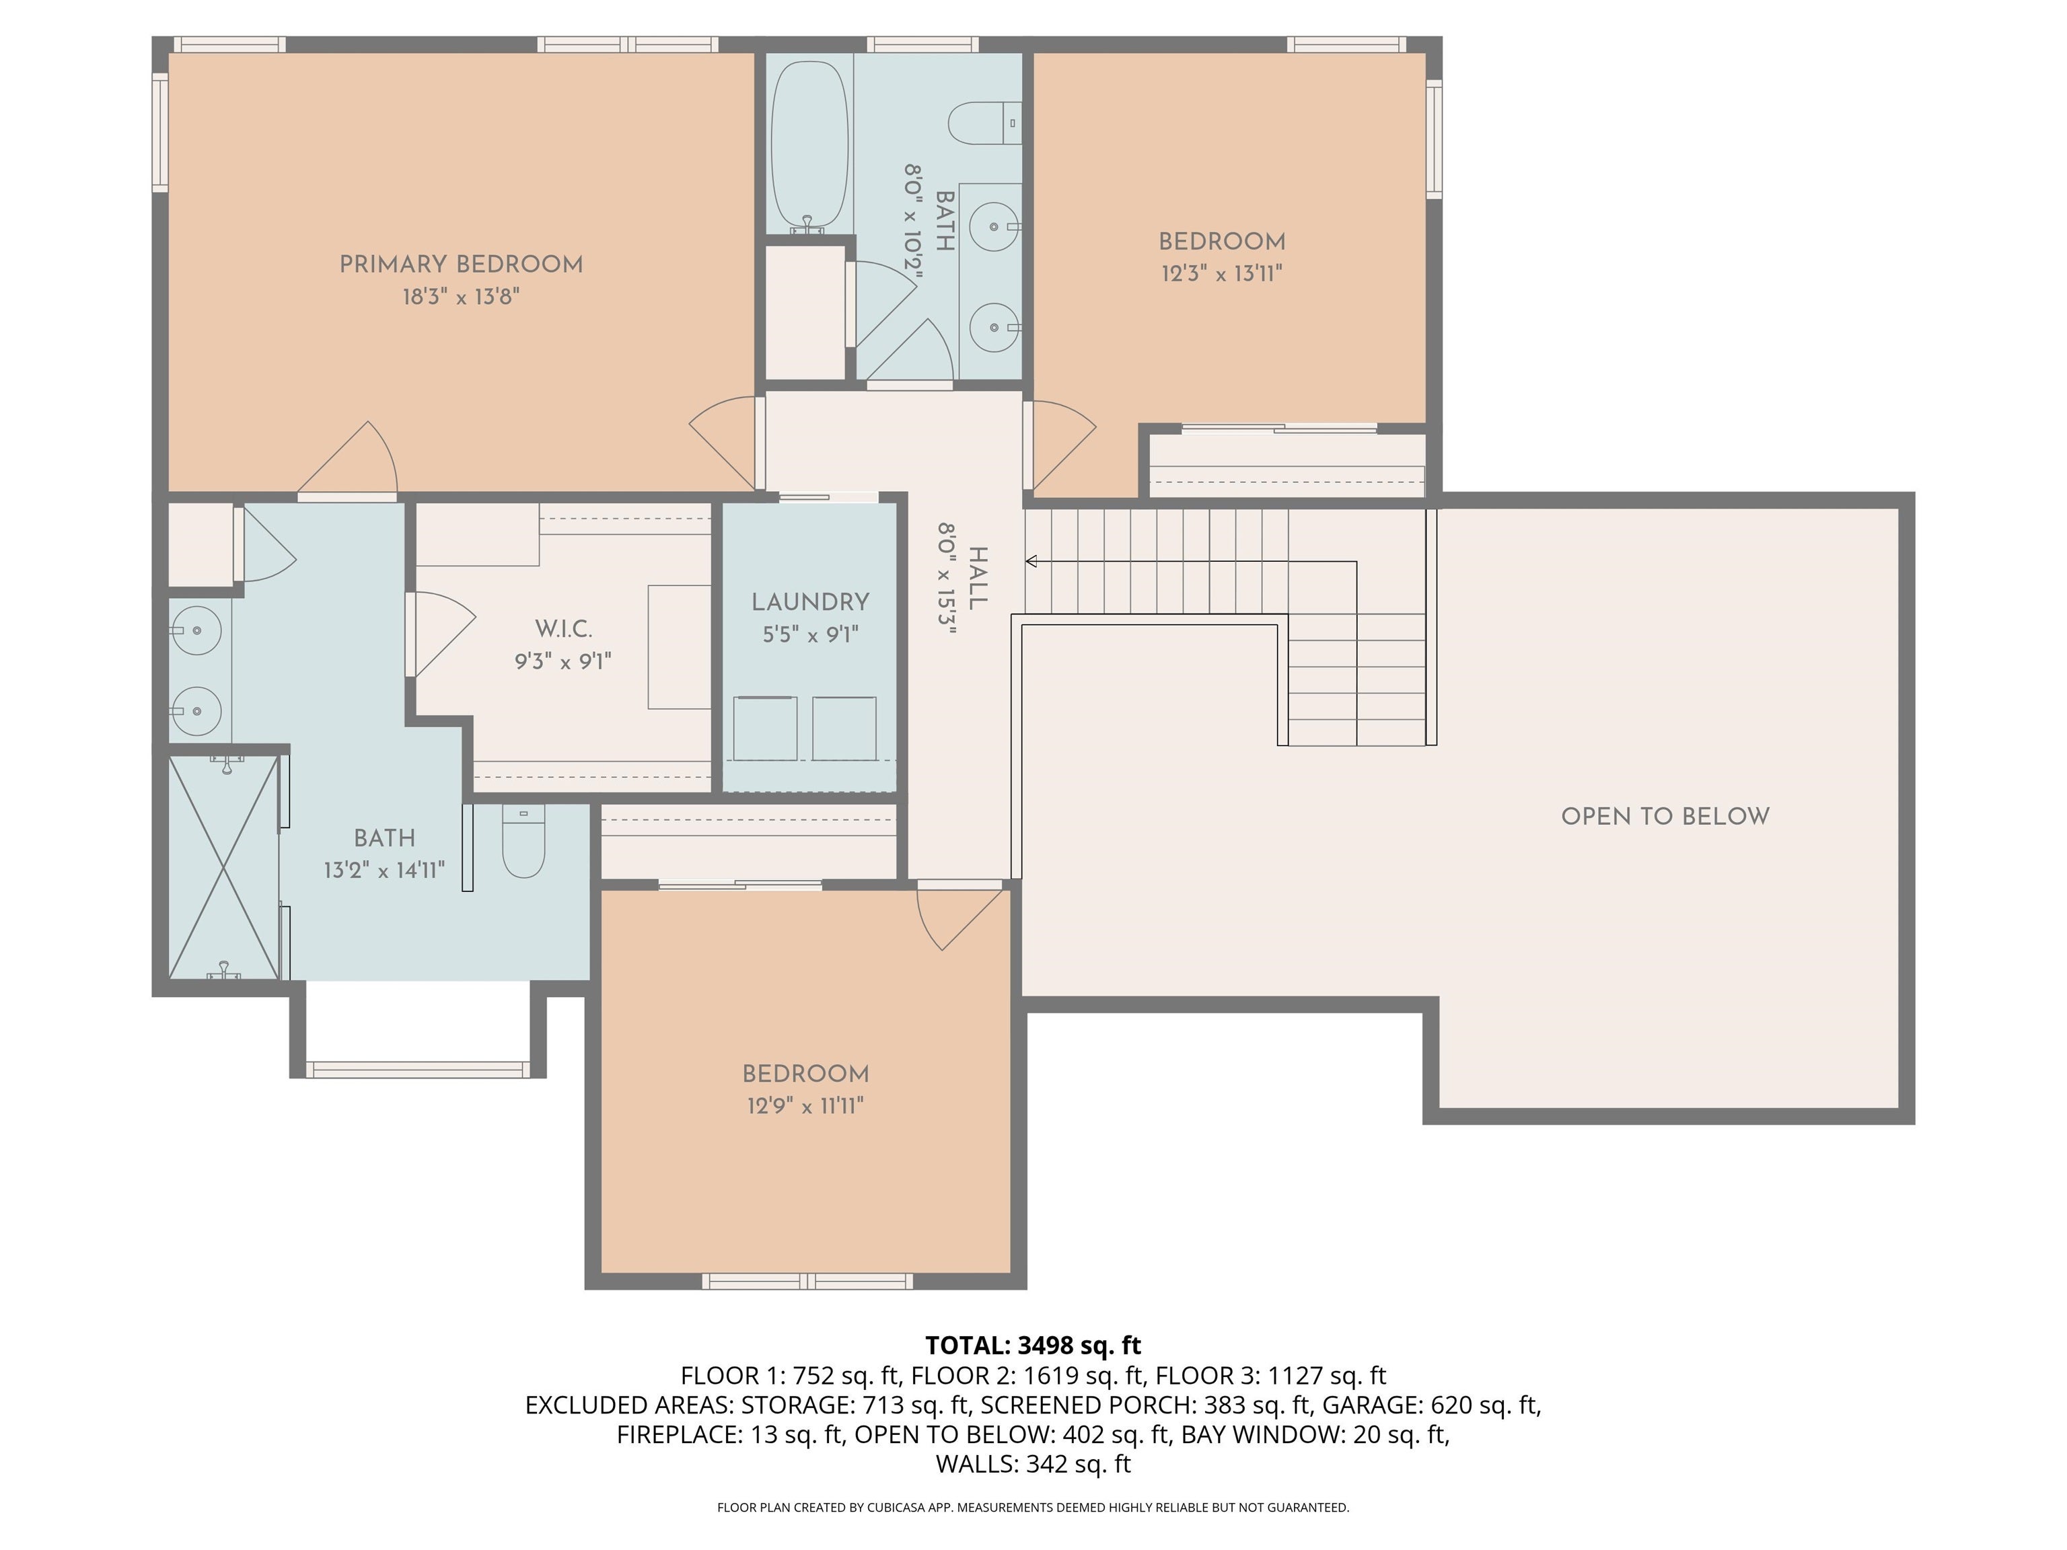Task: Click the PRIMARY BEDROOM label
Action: click(461, 264)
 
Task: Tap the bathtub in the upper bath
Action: click(809, 145)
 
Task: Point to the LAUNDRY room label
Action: click(810, 603)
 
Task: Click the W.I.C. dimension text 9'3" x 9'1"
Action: click(563, 661)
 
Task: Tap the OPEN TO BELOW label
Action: click(1664, 817)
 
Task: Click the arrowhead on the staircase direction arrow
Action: click(1031, 562)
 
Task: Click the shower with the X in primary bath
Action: click(224, 867)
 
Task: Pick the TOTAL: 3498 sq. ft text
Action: click(1033, 1345)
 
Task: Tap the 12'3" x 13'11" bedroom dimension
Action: click(1221, 274)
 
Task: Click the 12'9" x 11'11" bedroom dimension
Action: click(805, 1106)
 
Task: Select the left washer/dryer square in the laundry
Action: click(764, 728)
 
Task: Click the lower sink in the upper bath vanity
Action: click(993, 327)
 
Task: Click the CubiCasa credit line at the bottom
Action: click(1033, 1507)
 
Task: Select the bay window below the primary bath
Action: click(418, 1069)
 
